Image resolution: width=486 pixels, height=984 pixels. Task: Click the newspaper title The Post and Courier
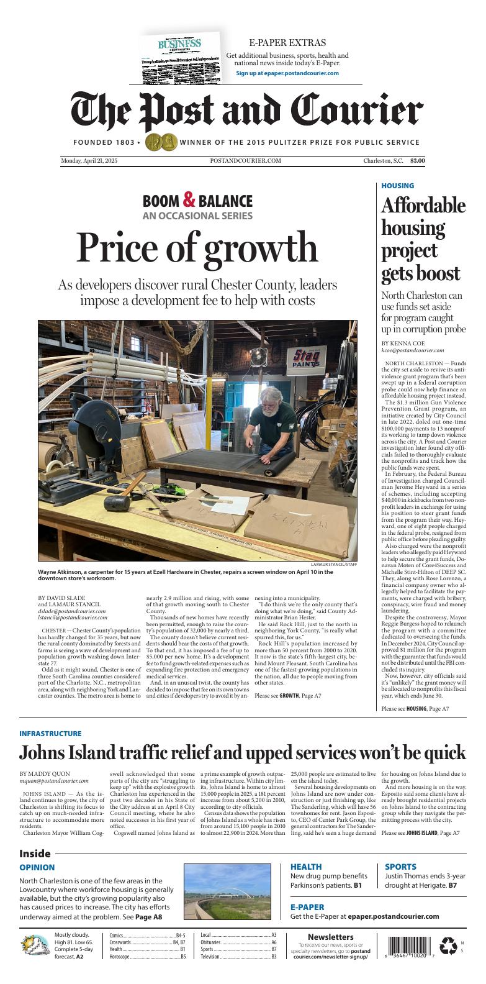pos(246,112)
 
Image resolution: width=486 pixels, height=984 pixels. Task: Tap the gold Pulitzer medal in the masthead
pos(161,142)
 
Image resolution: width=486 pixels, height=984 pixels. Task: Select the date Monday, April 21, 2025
pos(89,161)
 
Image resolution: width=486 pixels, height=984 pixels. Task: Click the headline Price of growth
pos(197,247)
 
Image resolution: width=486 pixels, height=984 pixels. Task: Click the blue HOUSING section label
pos(397,186)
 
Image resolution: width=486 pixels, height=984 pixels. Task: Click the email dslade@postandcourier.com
pos(72,611)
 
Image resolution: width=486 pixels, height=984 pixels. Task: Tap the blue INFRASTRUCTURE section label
pos(50,734)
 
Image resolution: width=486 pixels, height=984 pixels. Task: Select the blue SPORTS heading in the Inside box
pos(400,867)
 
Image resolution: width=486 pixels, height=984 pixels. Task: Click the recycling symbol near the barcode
pos(448,945)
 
